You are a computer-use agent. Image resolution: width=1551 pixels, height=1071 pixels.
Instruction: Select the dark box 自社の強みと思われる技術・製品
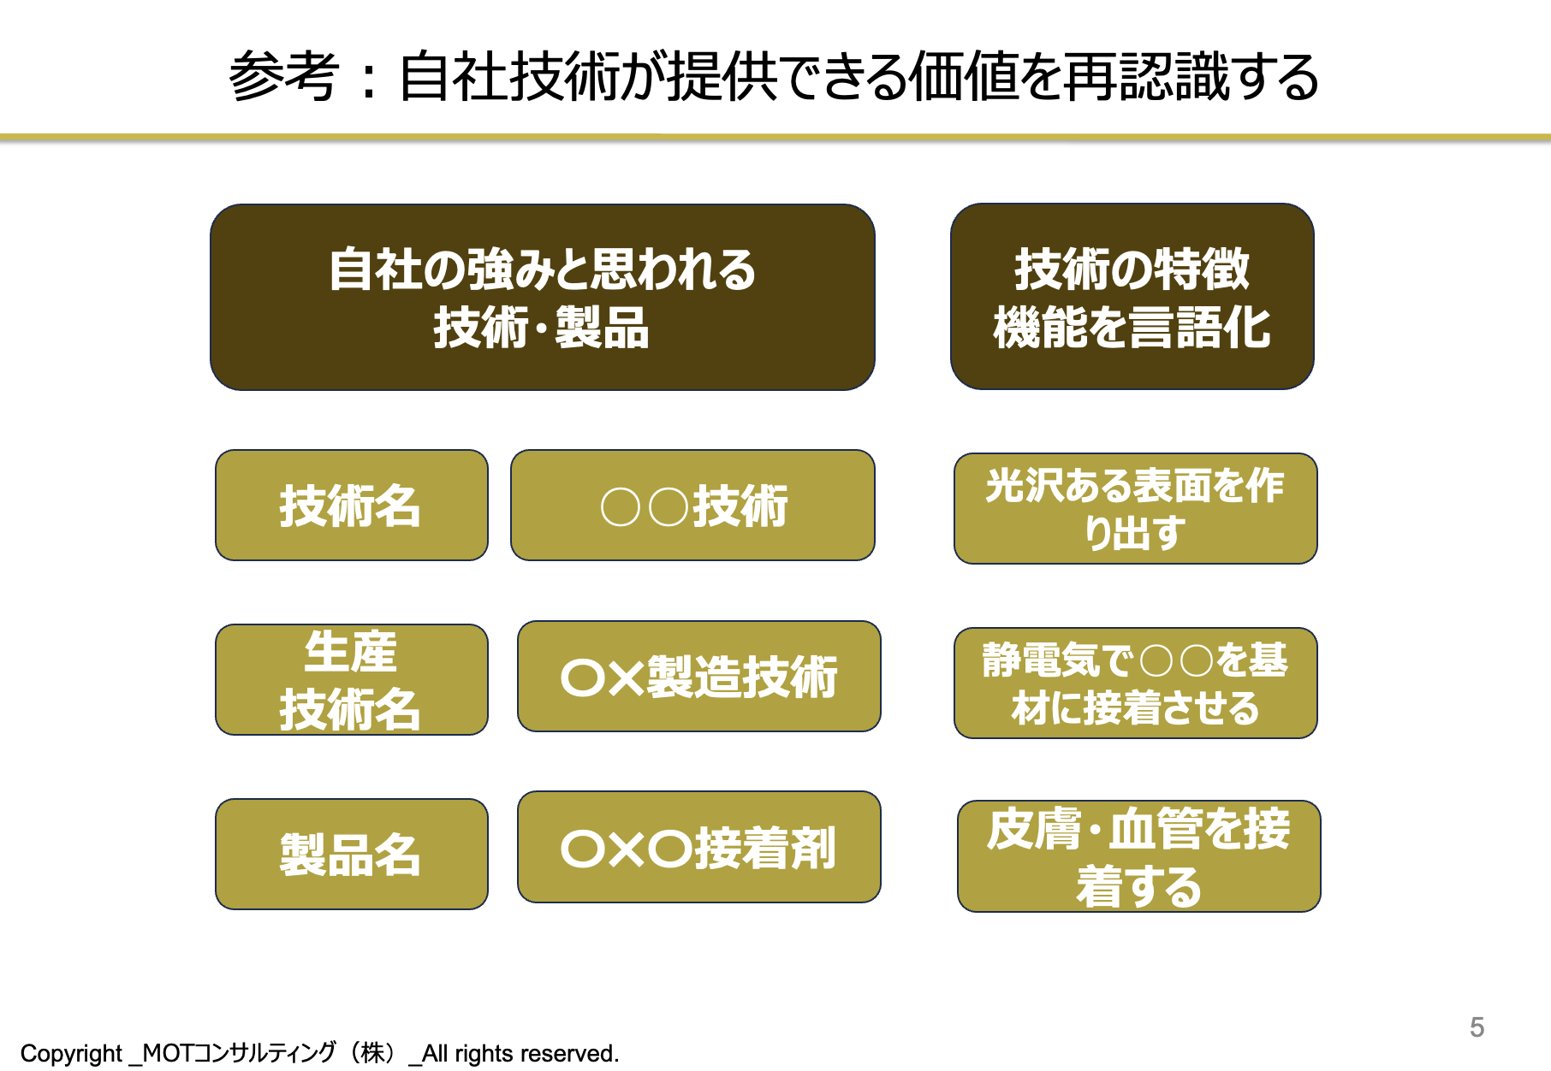coord(543,297)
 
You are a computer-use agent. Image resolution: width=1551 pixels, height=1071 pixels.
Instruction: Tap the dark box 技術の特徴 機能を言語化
coord(1132,296)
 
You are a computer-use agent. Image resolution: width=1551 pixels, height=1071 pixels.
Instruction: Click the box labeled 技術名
coord(352,505)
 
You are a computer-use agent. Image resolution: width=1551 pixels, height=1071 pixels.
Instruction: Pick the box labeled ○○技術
coord(692,505)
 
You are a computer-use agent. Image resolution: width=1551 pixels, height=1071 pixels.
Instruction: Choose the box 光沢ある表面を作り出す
coord(1135,508)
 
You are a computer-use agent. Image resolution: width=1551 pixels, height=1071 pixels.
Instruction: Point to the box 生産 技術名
coord(352,679)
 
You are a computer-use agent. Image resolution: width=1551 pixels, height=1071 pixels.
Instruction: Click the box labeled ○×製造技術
coord(699,676)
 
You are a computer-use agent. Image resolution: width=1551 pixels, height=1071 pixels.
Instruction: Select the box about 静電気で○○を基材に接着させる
coord(1135,683)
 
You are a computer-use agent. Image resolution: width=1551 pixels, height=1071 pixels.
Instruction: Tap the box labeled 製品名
coord(352,854)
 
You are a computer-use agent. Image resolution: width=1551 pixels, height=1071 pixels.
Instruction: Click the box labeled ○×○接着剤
coord(699,847)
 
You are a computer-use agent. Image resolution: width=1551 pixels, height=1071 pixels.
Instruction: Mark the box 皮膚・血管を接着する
coord(1138,856)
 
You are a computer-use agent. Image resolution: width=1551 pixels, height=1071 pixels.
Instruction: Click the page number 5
coord(1477,1027)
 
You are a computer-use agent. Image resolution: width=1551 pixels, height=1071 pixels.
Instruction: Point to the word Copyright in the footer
coord(71,1053)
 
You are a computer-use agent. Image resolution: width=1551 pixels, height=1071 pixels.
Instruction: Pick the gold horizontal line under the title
coord(775,137)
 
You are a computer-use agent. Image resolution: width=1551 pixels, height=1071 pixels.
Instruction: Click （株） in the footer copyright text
coord(373,1052)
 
